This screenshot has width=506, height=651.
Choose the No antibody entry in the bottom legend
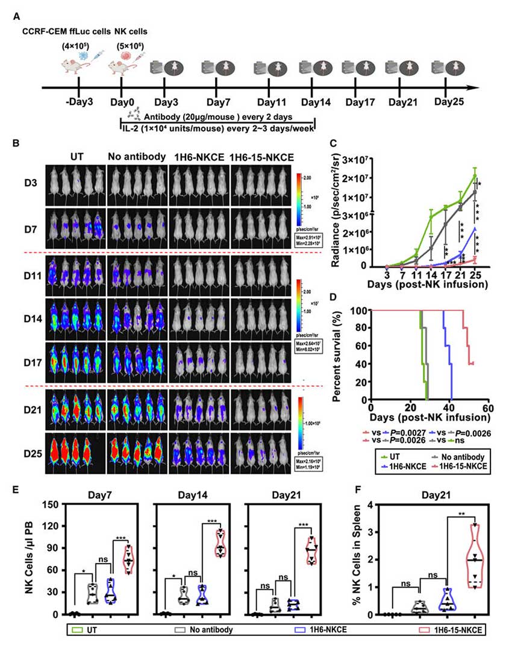pos(205,630)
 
